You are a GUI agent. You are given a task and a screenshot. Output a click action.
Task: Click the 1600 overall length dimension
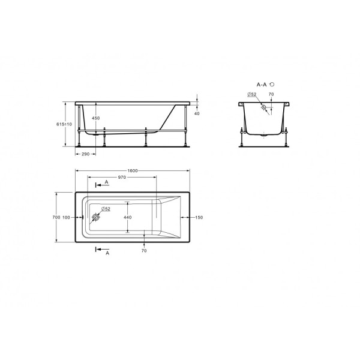133,170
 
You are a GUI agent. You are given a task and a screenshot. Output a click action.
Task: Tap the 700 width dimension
55,217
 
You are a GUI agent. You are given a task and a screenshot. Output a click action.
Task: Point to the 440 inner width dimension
127,217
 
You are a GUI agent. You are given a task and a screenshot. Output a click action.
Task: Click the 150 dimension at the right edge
199,217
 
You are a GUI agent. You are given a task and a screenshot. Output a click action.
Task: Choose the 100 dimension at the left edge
66,217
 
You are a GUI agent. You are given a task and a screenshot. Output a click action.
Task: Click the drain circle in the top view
95,218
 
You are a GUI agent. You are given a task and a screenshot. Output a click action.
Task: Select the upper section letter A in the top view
106,181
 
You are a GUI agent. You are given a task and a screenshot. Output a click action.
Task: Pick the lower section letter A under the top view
107,254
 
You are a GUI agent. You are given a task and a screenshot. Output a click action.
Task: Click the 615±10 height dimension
64,124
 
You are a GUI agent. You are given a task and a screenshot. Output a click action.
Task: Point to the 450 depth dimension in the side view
96,118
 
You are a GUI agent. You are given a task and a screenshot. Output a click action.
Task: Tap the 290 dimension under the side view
86,154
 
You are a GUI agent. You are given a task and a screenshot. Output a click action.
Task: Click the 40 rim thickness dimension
196,113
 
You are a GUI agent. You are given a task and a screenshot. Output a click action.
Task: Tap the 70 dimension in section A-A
271,94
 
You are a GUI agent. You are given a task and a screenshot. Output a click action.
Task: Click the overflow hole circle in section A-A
263,108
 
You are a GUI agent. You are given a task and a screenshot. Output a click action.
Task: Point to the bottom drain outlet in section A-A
264,134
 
